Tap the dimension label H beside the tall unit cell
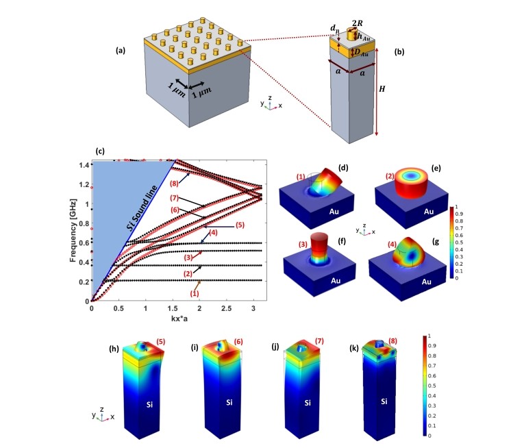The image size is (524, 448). click(x=397, y=89)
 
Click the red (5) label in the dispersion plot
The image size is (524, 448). click(x=240, y=225)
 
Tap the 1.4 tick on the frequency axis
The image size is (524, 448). click(x=85, y=165)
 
